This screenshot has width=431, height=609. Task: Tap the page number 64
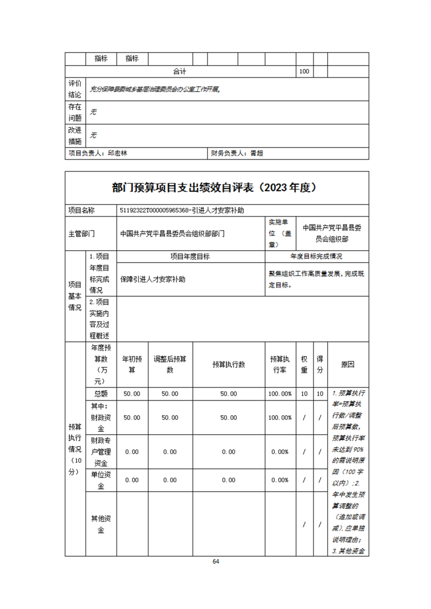[x=216, y=561]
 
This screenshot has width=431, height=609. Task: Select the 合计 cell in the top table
[x=180, y=72]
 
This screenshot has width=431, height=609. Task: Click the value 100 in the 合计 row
[x=304, y=72]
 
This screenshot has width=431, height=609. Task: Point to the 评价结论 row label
[x=75, y=89]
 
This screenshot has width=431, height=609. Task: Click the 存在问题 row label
[x=75, y=112]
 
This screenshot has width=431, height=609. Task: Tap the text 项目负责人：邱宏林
[x=98, y=154]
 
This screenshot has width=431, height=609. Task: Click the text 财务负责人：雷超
[x=237, y=154]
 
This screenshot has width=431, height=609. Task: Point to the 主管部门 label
[x=82, y=234]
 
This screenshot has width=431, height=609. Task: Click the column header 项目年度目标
[x=190, y=257]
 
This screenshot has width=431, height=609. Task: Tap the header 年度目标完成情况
[x=316, y=257]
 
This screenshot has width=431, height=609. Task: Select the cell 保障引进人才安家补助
[x=153, y=280]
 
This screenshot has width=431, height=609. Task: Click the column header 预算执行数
[x=228, y=365]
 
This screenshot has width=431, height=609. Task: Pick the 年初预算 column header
[x=132, y=365]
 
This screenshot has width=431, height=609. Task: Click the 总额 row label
[x=101, y=394]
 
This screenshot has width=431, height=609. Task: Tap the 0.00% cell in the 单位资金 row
[x=280, y=480]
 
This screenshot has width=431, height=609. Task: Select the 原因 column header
[x=348, y=365]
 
